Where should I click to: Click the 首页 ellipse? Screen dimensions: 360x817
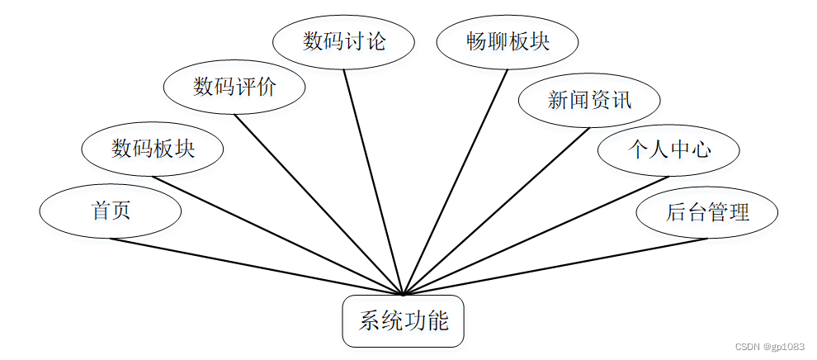(x=110, y=211)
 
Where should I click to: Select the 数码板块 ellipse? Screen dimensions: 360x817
(x=153, y=149)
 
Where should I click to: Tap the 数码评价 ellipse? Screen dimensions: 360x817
(x=234, y=87)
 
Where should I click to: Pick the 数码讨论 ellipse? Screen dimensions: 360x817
(x=343, y=41)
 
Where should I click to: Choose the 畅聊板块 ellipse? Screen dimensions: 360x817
(x=508, y=41)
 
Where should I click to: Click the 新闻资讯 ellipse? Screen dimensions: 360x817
(x=589, y=101)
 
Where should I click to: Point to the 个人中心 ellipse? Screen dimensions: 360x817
(x=669, y=149)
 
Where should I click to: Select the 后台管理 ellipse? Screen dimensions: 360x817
(x=707, y=211)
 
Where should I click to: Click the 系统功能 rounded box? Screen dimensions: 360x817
(x=404, y=320)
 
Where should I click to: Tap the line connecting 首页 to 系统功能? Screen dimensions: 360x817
(x=256, y=266)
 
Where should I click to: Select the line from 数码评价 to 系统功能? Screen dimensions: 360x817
(x=319, y=203)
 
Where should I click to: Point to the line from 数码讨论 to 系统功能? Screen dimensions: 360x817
(x=373, y=181)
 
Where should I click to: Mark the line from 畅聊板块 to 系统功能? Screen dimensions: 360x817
(x=456, y=181)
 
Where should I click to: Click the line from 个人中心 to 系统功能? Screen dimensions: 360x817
(x=536, y=234)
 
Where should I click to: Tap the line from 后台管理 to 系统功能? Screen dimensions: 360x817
(x=555, y=266)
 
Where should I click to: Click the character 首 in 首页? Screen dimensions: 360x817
(x=100, y=211)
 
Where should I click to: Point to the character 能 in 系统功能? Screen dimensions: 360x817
(x=438, y=320)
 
